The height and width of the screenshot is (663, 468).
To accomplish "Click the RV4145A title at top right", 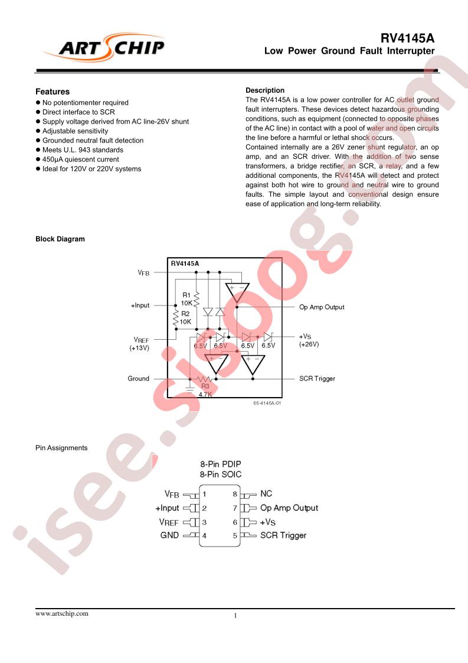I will [407, 38].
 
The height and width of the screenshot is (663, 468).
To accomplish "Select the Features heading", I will [53, 92].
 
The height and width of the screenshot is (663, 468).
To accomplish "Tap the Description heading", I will [265, 90].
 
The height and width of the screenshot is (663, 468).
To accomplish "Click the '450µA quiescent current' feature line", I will [80, 160].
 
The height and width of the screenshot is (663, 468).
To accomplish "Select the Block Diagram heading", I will [60, 239].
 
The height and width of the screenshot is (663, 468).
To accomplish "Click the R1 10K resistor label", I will [186, 299].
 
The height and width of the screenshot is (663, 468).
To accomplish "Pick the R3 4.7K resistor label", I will [205, 390].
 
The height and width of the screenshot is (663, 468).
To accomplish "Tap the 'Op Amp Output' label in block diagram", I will [322, 307].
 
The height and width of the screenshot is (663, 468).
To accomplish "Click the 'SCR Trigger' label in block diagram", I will [317, 379].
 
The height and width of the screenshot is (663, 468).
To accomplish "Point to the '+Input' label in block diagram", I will [140, 306].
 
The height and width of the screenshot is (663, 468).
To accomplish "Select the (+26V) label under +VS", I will [309, 344].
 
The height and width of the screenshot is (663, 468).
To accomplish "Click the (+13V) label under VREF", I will [139, 349].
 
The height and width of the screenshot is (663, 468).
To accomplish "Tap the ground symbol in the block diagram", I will [189, 388].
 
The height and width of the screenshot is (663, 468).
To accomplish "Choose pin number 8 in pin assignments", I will [235, 494].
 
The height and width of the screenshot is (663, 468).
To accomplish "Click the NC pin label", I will [266, 494].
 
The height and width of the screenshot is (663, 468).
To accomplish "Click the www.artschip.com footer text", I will [62, 613].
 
